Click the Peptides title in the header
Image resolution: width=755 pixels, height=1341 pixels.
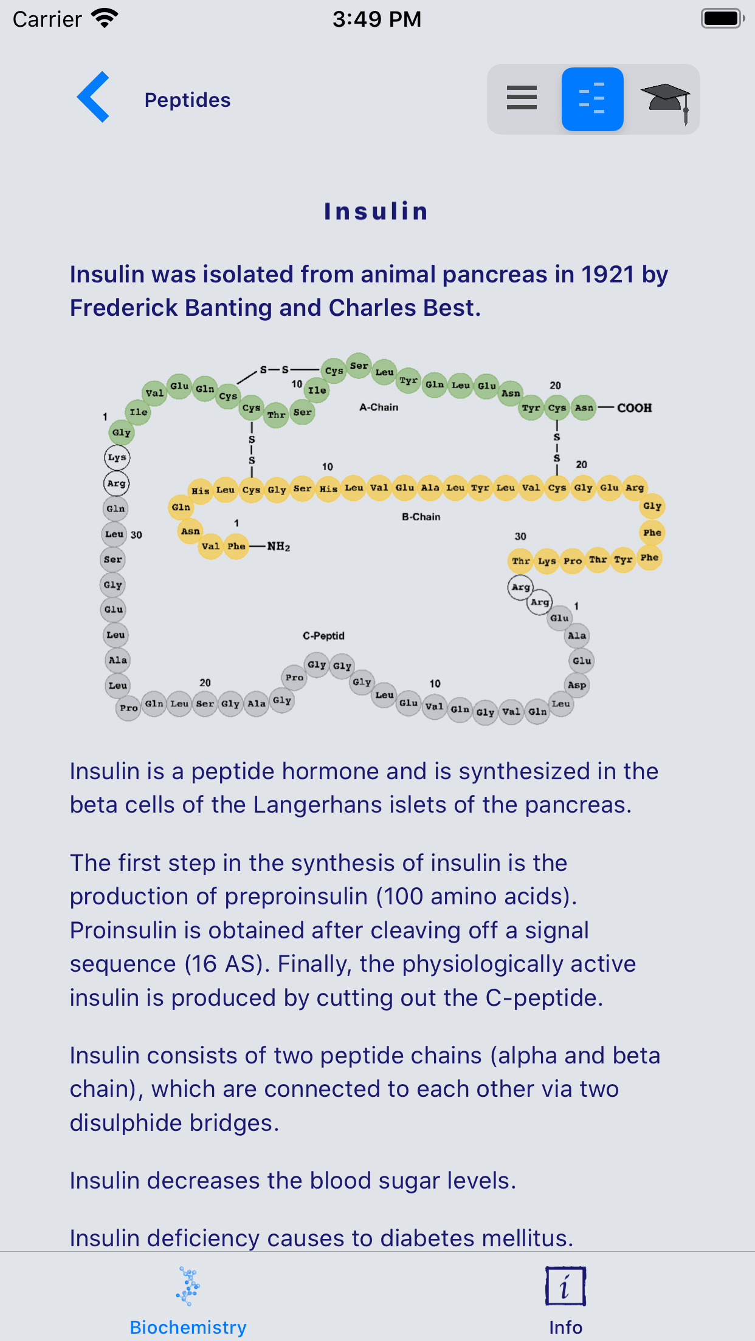187,100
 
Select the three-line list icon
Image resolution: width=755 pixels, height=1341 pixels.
522,98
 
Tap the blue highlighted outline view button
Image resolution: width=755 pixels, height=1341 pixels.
592,99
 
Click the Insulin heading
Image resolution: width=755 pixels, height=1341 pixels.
376,211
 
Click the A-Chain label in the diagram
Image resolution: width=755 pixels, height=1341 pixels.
379,407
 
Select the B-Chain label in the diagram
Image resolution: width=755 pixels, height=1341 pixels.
421,517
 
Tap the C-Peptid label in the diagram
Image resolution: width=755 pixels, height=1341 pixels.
323,636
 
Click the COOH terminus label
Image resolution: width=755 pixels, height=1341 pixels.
634,408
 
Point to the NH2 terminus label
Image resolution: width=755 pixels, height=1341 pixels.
278,547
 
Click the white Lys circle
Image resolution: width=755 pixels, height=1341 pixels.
117,457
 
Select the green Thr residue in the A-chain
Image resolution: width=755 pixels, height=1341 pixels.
276,415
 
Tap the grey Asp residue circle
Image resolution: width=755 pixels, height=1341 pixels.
577,685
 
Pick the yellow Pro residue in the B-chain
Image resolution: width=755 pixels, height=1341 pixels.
573,561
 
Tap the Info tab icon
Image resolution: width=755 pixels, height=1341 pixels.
565,1286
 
